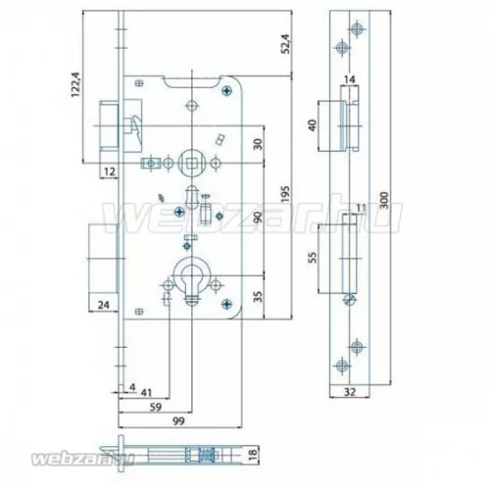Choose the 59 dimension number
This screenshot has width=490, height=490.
pyautogui.click(x=157, y=401)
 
